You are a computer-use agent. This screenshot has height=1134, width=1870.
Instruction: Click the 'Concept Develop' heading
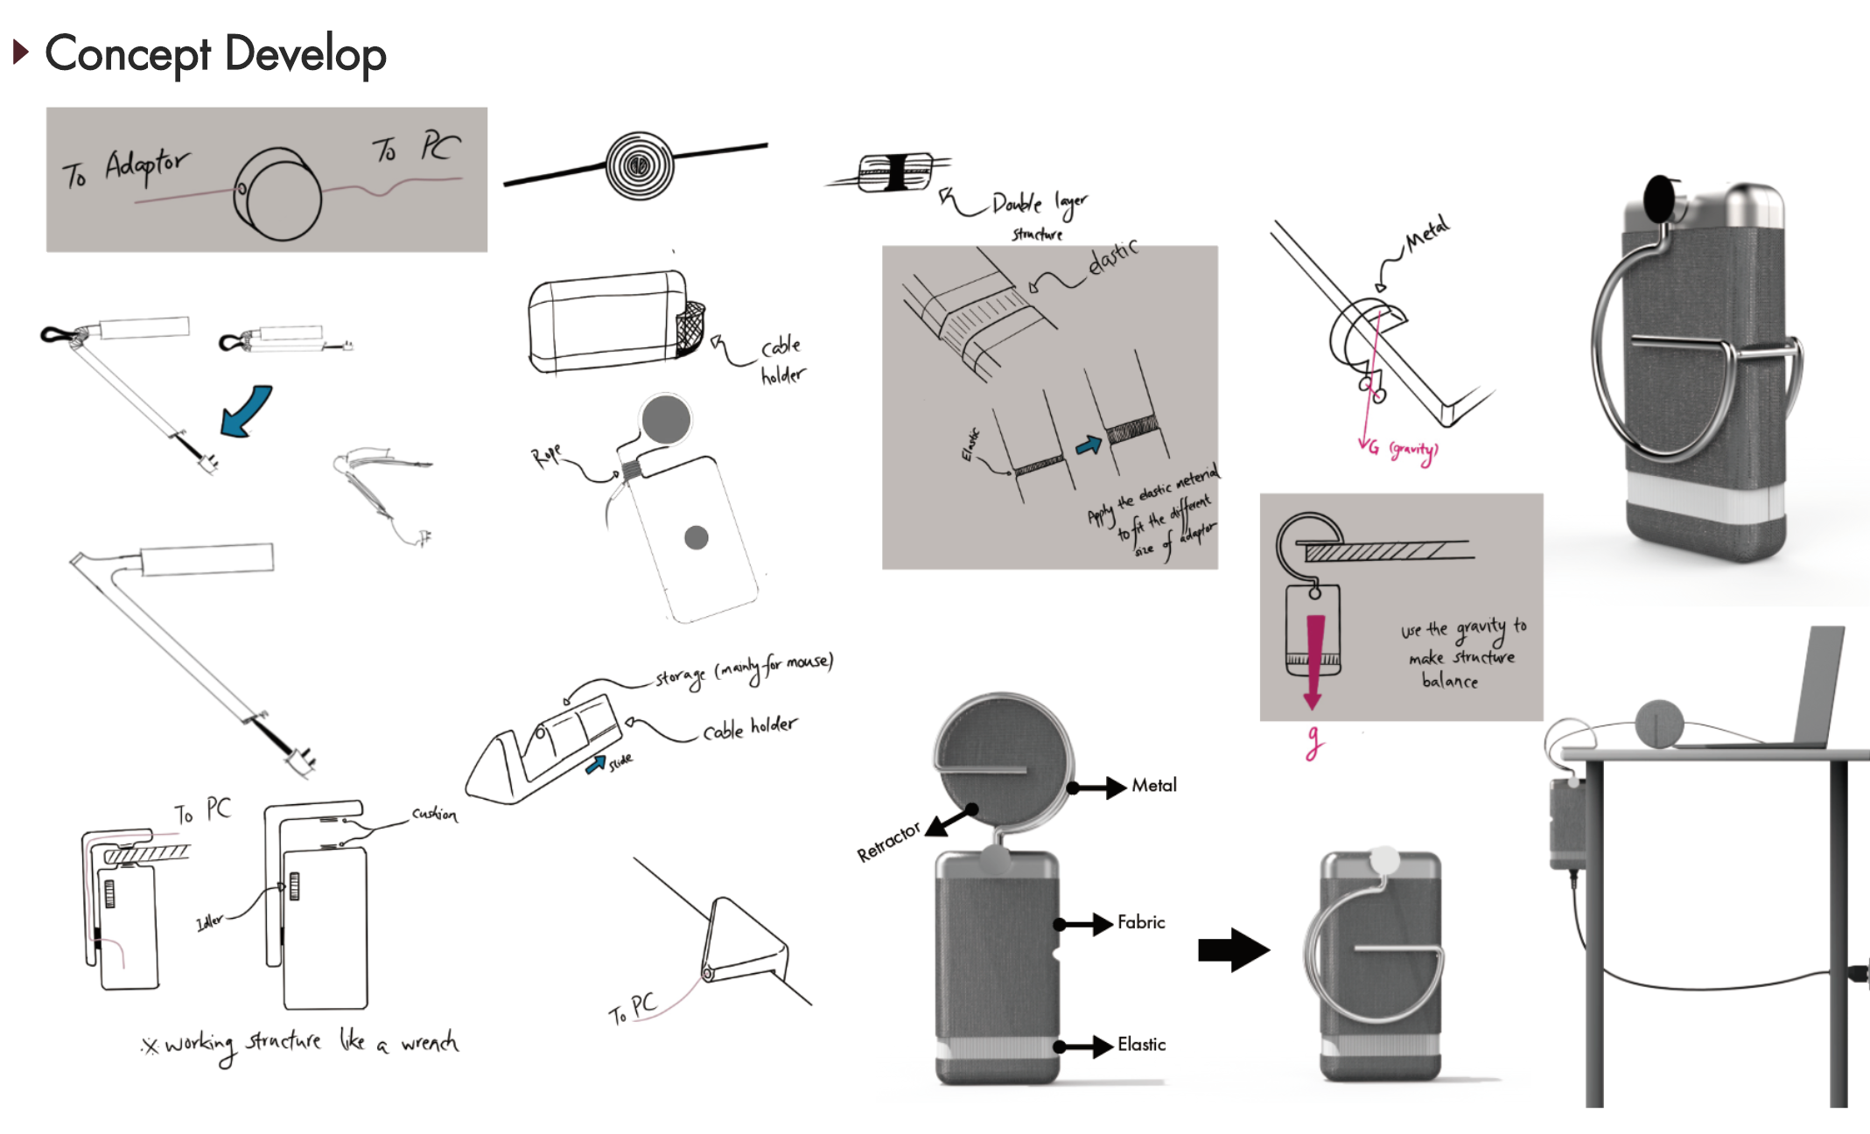click(x=214, y=54)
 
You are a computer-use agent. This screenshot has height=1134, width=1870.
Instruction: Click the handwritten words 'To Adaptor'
click(x=125, y=167)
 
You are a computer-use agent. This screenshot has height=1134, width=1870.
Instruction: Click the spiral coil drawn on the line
click(x=640, y=164)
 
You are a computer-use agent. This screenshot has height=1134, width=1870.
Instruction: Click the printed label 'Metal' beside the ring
click(x=1153, y=786)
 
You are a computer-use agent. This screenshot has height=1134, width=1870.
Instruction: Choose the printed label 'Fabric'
click(x=1140, y=922)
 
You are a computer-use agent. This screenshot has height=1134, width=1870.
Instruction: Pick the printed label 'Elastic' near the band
click(x=1140, y=1045)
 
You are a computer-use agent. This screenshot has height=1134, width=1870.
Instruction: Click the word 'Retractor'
click(x=888, y=842)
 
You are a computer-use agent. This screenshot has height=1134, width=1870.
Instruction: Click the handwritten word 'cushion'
click(x=434, y=815)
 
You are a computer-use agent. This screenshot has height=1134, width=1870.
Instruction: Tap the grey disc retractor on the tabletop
click(x=1659, y=724)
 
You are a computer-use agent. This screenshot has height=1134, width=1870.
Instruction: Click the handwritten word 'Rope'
click(x=546, y=455)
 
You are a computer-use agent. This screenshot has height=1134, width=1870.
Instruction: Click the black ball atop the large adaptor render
click(x=1659, y=199)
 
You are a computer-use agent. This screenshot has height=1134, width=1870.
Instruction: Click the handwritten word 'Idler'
click(x=209, y=922)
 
